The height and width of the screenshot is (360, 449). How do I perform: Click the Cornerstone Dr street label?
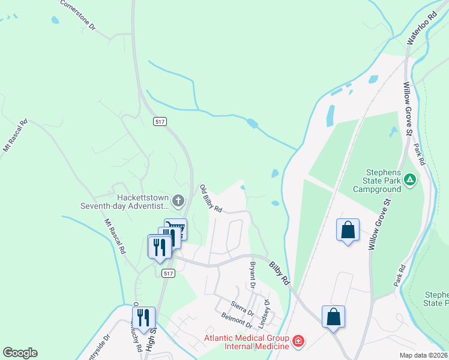click(x=77, y=14)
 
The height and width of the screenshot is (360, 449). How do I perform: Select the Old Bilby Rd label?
click(x=211, y=199)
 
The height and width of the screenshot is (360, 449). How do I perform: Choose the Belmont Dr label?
click(x=236, y=319)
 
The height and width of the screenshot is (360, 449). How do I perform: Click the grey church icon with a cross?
click(x=178, y=199)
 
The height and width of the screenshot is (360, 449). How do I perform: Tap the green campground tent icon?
click(x=409, y=179)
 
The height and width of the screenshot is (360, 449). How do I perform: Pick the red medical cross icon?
click(x=298, y=342)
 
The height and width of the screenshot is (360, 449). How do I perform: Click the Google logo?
click(x=20, y=353)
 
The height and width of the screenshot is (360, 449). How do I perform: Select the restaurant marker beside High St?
click(x=144, y=316)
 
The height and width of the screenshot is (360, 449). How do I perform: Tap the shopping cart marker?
click(x=175, y=229)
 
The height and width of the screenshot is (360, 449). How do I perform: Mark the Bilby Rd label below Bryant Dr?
click(x=279, y=273)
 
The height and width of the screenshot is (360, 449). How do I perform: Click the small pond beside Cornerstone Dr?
click(x=55, y=20)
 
